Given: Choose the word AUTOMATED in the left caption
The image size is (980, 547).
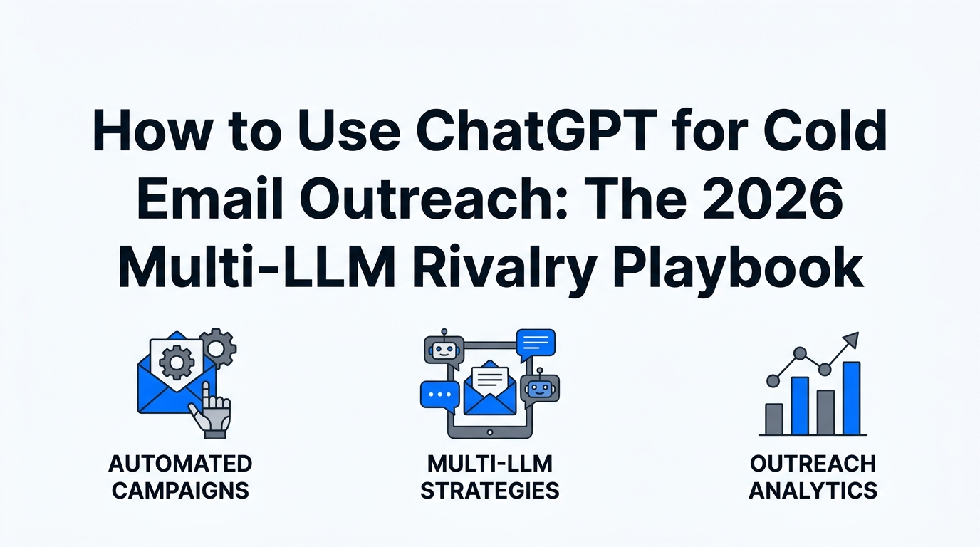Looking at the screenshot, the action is (180, 464).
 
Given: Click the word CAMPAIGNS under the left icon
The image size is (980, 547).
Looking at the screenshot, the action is (180, 491).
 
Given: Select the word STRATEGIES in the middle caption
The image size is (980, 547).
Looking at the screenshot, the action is (489, 491).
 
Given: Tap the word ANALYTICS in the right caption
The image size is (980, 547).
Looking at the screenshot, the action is (813, 491).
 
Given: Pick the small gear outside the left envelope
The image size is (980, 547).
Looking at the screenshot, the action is (218, 348).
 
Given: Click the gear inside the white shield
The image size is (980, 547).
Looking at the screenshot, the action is (177, 362).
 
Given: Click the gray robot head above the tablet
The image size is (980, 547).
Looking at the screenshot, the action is (444, 350).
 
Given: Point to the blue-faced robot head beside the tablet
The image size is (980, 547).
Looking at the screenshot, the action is (540, 388).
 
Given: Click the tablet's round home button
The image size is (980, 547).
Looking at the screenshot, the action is (490, 432).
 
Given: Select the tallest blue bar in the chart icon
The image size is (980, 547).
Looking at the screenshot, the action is (851, 398).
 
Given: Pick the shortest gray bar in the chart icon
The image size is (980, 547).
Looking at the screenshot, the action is (773, 420).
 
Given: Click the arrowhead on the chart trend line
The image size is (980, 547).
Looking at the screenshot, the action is (850, 340).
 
